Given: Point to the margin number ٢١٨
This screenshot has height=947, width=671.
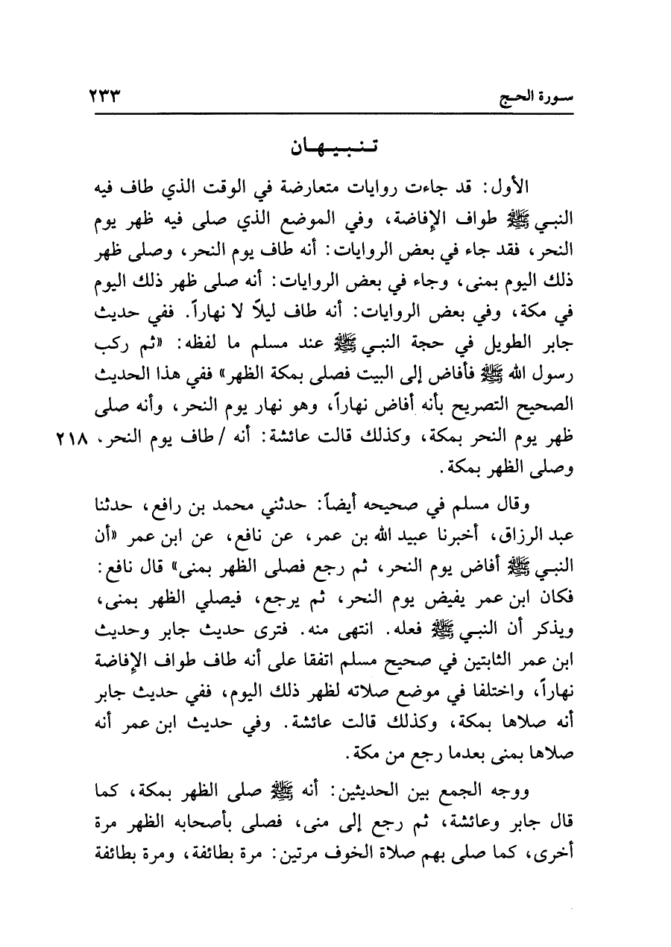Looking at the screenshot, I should click(x=70, y=439).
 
